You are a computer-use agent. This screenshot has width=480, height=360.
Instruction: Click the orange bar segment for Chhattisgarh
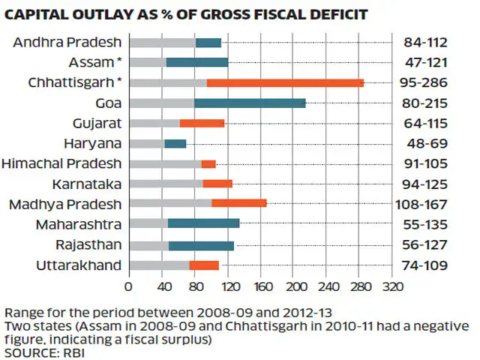click(x=285, y=82)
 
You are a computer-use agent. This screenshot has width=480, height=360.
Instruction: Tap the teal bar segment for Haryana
click(x=175, y=143)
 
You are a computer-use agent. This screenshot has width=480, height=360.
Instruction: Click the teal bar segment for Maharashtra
click(x=203, y=223)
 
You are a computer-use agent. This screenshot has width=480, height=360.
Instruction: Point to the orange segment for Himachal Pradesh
click(x=208, y=163)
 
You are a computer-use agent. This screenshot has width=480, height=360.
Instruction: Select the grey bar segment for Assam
click(x=147, y=62)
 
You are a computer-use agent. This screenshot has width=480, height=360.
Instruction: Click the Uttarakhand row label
click(x=79, y=264)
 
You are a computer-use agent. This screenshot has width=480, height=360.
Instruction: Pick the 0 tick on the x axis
click(x=129, y=286)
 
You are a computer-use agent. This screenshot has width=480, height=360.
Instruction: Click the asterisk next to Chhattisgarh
click(x=120, y=80)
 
